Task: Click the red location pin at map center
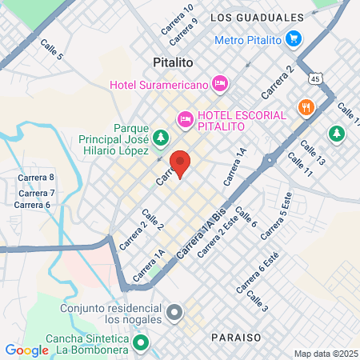pyautogui.click(x=181, y=163)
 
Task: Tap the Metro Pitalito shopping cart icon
pyautogui.click(x=294, y=38)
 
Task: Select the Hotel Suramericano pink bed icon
pyautogui.click(x=221, y=82)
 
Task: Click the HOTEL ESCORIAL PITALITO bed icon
pyautogui.click(x=186, y=120)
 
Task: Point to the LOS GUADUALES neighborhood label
pyautogui.click(x=257, y=17)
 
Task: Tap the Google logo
pyautogui.click(x=27, y=350)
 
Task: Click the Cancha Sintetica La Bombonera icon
pyautogui.click(x=142, y=345)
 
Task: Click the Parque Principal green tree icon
pyautogui.click(x=161, y=138)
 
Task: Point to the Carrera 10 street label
pyautogui.click(x=177, y=18)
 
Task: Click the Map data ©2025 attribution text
pyautogui.click(x=325, y=354)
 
